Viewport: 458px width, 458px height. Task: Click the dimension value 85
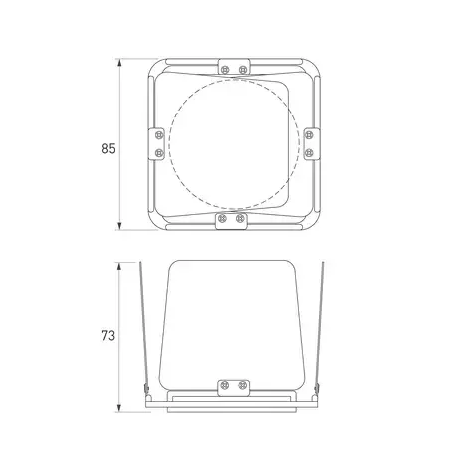[x=108, y=148]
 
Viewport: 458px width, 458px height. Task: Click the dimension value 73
[x=108, y=336]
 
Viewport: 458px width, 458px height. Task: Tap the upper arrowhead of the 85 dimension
[x=119, y=63]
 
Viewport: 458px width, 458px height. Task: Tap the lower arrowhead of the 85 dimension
[x=119, y=225]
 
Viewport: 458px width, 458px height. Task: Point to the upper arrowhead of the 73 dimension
[x=119, y=267]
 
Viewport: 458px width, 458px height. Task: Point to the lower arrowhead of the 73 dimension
[x=119, y=408]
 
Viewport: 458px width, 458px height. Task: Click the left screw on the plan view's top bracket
[x=225, y=70]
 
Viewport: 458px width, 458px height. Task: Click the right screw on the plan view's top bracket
[x=243, y=70]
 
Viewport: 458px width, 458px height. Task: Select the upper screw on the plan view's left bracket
[x=159, y=135]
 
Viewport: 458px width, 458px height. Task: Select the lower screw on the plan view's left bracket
[x=159, y=153]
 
